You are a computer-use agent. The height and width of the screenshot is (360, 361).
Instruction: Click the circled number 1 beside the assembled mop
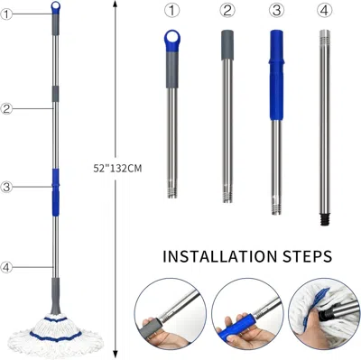coord(7,14)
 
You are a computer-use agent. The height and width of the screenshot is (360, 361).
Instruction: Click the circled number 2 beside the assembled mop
coord(7,108)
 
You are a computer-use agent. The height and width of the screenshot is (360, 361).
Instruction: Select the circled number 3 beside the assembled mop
coord(7,188)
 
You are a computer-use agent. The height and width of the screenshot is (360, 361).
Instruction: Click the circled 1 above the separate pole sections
coord(171,12)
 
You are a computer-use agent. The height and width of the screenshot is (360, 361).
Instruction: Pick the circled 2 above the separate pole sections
coord(227,12)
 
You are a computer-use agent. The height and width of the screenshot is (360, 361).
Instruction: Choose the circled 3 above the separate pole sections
coord(275,12)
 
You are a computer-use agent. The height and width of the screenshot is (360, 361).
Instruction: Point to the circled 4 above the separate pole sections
coord(324,12)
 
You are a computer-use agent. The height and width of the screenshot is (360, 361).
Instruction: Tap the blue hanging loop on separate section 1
coord(171,38)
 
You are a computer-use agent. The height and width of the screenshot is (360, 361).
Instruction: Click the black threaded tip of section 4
coord(324,217)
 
